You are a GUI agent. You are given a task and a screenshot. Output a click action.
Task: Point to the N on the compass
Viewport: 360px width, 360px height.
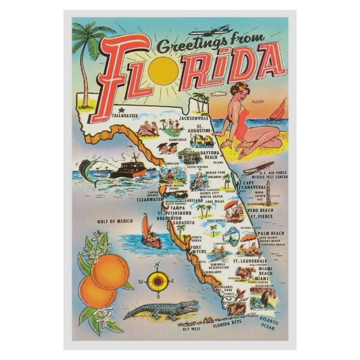[x=157, y=265]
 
